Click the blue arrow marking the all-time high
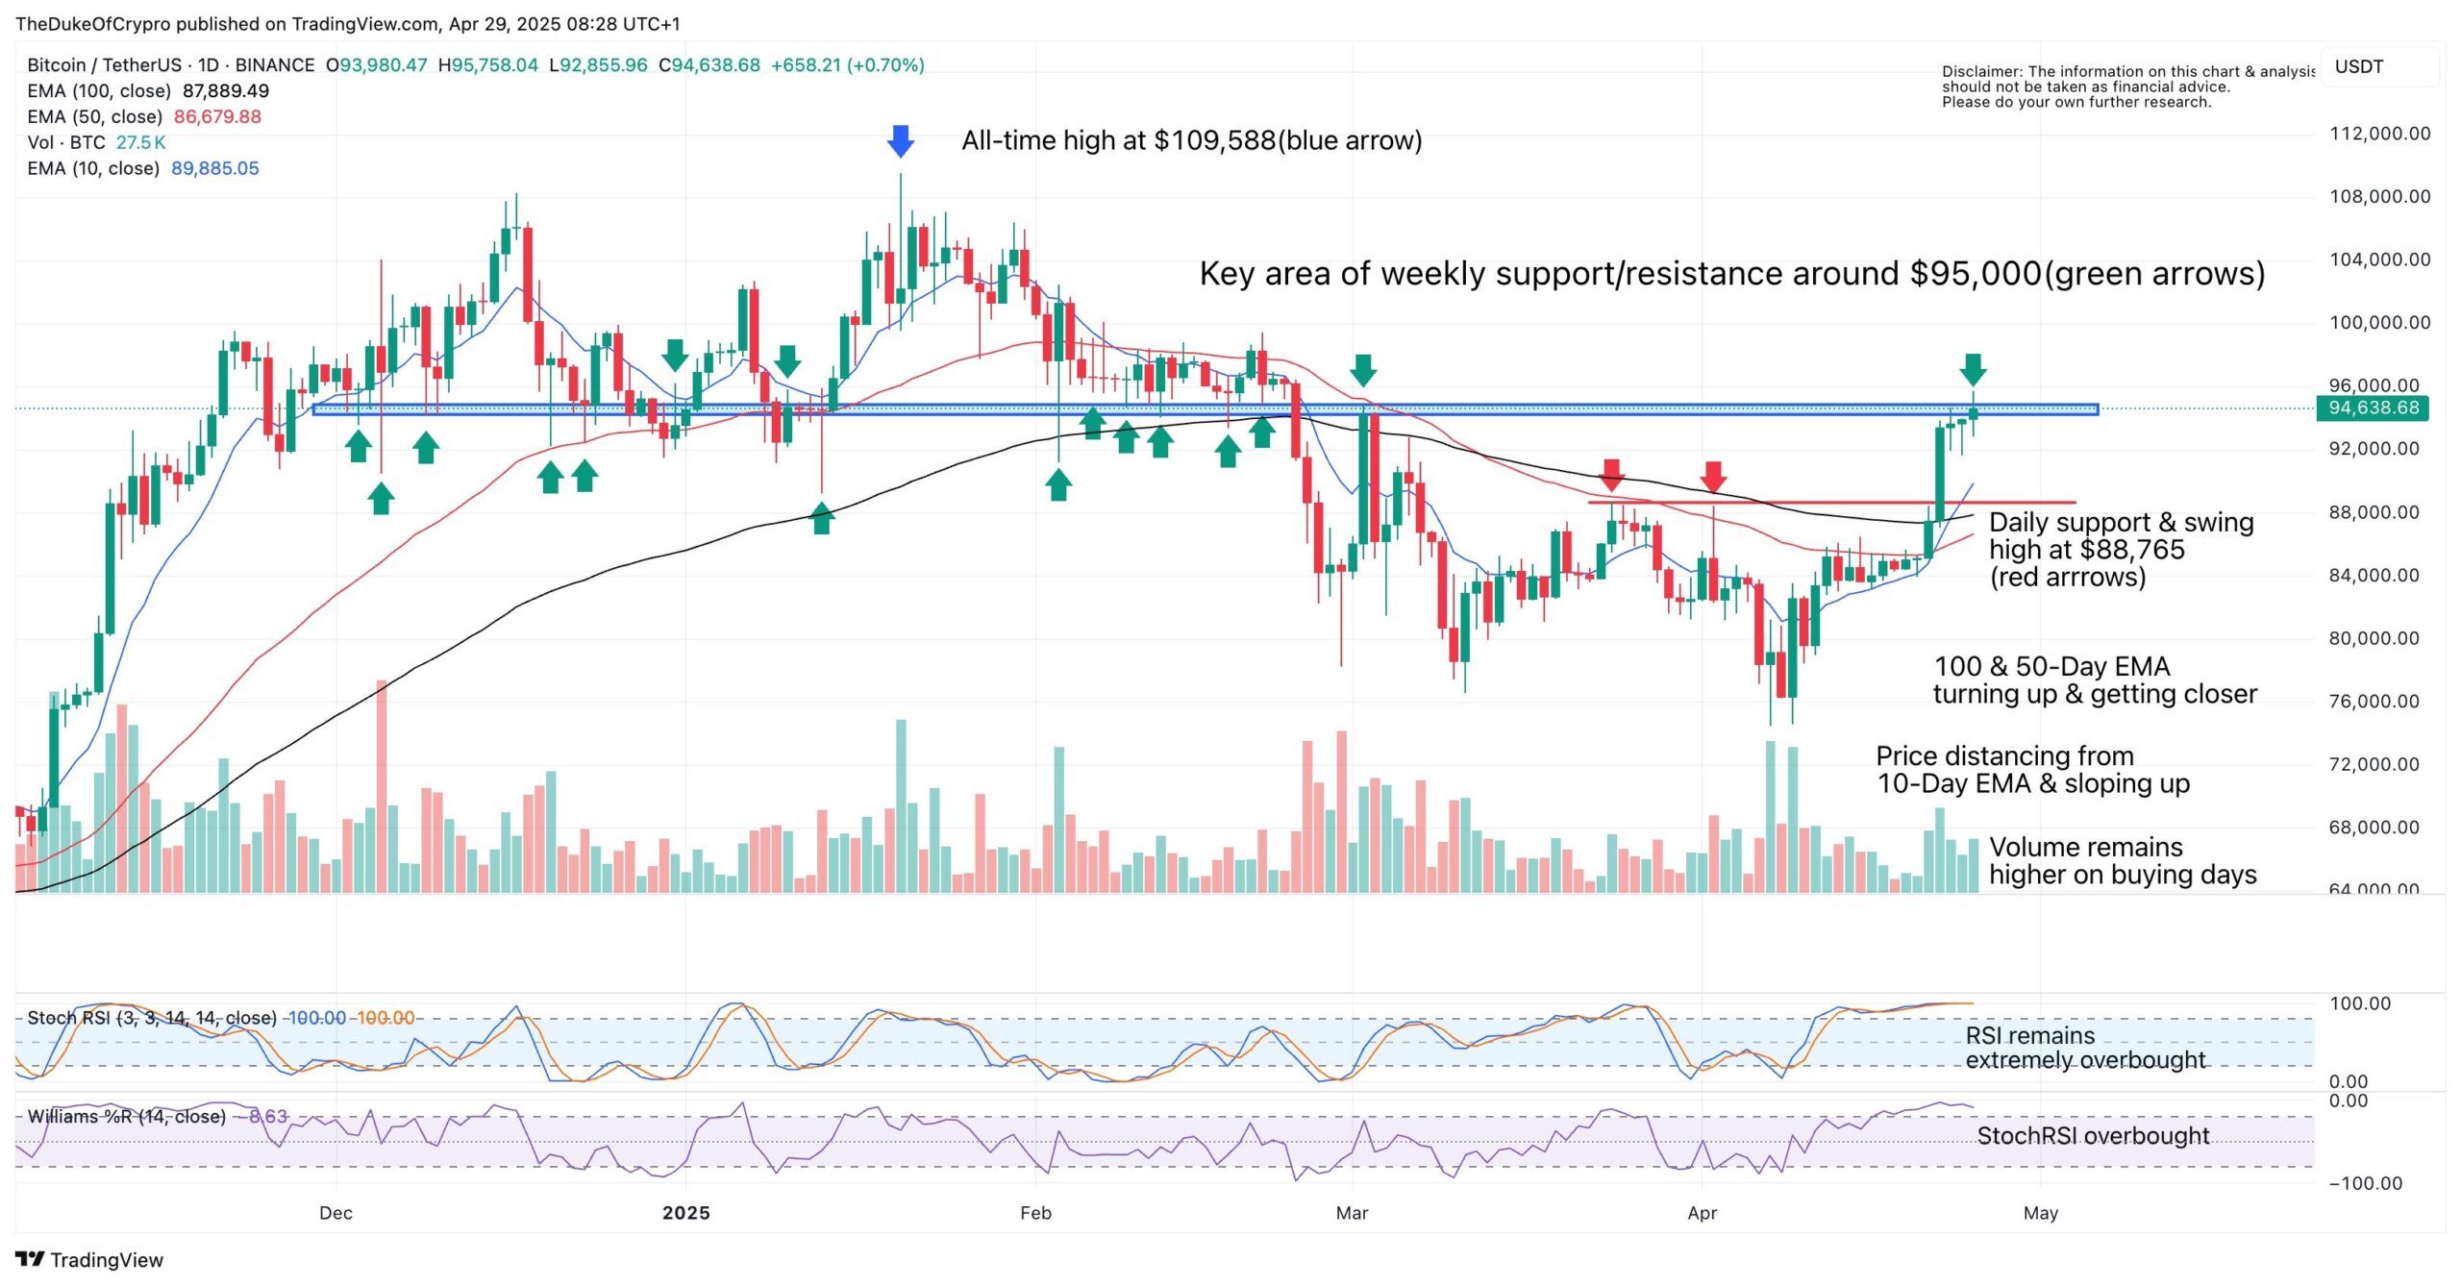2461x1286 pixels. tap(900, 141)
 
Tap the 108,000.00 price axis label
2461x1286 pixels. tap(2379, 196)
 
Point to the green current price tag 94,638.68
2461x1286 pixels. tap(2374, 408)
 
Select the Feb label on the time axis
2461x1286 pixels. tap(1035, 1213)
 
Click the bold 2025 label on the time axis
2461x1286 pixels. tap(685, 1213)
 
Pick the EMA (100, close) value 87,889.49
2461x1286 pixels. tap(226, 91)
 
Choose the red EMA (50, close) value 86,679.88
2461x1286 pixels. tap(217, 117)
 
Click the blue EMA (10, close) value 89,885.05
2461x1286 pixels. tap(215, 168)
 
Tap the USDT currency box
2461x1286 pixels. tap(2359, 67)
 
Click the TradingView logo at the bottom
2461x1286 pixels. tap(89, 1260)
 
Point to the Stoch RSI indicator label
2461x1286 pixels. tap(152, 1018)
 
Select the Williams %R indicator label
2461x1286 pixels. tap(127, 1117)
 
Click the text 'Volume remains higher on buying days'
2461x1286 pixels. tap(2123, 861)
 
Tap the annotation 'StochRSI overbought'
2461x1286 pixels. tap(2093, 1136)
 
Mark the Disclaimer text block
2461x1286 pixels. tap(2126, 87)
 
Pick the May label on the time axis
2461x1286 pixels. tap(2040, 1213)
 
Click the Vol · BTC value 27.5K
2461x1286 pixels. tap(140, 142)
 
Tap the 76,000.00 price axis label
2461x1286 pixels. tap(2379, 701)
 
